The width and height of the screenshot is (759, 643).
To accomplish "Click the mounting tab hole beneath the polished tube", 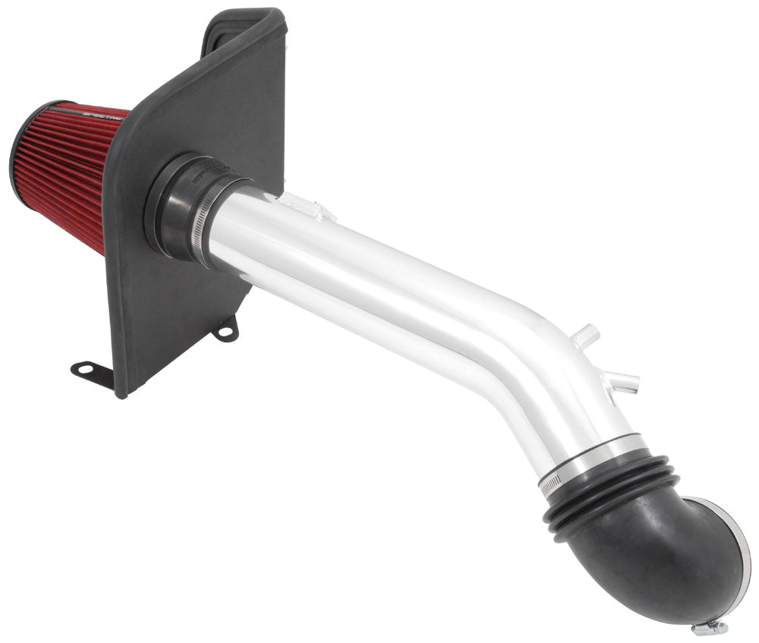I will (225, 331).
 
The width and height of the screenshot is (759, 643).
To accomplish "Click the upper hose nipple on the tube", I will (587, 335).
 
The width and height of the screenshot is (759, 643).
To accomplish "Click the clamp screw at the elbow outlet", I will (710, 627).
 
